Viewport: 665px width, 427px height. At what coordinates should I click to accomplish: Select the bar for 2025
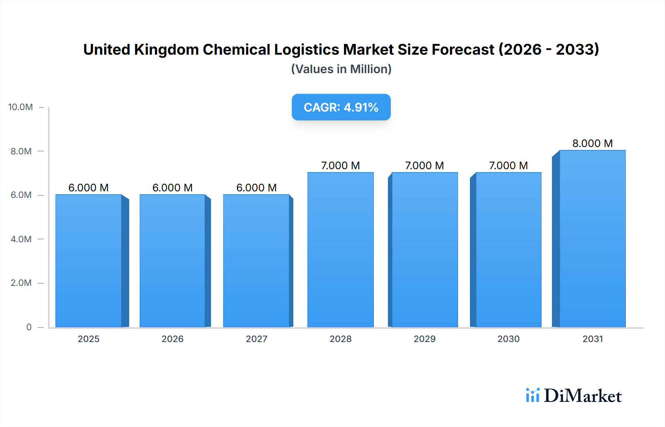[x=89, y=261]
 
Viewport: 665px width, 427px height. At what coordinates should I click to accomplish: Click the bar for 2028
[x=340, y=250]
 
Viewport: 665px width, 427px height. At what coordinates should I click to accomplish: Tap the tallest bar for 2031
[x=592, y=239]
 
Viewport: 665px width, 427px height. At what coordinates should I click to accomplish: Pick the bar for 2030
[x=508, y=250]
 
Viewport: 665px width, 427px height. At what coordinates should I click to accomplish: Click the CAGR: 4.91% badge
[x=341, y=107]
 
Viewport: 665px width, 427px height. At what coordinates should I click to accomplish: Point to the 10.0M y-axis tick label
[x=21, y=107]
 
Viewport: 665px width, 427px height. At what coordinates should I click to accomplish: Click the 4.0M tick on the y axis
[x=21, y=239]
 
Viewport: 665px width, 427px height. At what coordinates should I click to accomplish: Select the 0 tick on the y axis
[x=29, y=327]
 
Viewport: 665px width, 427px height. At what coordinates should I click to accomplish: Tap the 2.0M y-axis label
[x=21, y=283]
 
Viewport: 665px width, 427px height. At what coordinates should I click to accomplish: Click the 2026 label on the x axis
[x=173, y=339]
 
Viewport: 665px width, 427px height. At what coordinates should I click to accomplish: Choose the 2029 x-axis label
[x=424, y=339]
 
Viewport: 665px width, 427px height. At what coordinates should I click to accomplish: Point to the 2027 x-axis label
[x=256, y=339]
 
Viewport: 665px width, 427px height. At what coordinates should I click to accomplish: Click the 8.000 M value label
[x=592, y=143]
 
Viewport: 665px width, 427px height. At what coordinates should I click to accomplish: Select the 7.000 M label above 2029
[x=424, y=165]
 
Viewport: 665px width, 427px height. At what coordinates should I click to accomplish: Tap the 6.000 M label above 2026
[x=173, y=188]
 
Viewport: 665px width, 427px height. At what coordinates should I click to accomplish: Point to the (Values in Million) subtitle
[x=341, y=69]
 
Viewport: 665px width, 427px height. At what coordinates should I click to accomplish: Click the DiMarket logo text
[x=583, y=396]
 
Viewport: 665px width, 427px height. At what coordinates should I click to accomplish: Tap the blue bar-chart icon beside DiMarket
[x=532, y=395]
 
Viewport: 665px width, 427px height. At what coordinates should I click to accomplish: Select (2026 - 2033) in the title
[x=549, y=49]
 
